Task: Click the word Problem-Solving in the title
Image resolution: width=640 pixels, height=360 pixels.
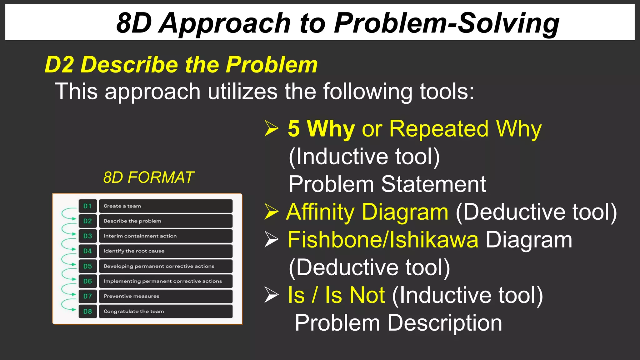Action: click(446, 24)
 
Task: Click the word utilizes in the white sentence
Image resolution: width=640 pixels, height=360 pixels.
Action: click(242, 92)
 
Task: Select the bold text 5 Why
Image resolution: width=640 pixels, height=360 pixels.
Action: click(321, 128)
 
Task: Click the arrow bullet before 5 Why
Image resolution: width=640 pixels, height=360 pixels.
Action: click(271, 128)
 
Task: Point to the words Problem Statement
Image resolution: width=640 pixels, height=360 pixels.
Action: click(387, 184)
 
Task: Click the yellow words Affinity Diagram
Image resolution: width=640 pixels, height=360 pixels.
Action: click(367, 212)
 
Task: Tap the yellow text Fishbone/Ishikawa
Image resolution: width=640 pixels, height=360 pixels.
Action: click(383, 240)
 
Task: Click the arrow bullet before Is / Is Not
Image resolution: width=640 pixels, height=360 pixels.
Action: click(271, 295)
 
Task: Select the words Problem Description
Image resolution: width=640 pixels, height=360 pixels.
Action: click(398, 323)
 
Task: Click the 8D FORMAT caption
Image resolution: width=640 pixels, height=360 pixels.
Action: click(148, 177)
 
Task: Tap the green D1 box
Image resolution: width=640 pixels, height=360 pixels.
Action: click(87, 206)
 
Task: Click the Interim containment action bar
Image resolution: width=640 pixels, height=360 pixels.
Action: click(166, 236)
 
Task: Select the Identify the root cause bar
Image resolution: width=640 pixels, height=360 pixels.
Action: click(166, 251)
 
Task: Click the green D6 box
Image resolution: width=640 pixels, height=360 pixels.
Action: click(87, 281)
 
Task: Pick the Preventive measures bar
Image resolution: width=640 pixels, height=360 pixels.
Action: click(166, 296)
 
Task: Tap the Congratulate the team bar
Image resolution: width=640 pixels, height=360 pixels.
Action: click(166, 312)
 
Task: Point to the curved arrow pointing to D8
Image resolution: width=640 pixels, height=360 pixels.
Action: click(67, 305)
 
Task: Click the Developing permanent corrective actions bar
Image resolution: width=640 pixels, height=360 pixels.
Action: click(166, 266)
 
